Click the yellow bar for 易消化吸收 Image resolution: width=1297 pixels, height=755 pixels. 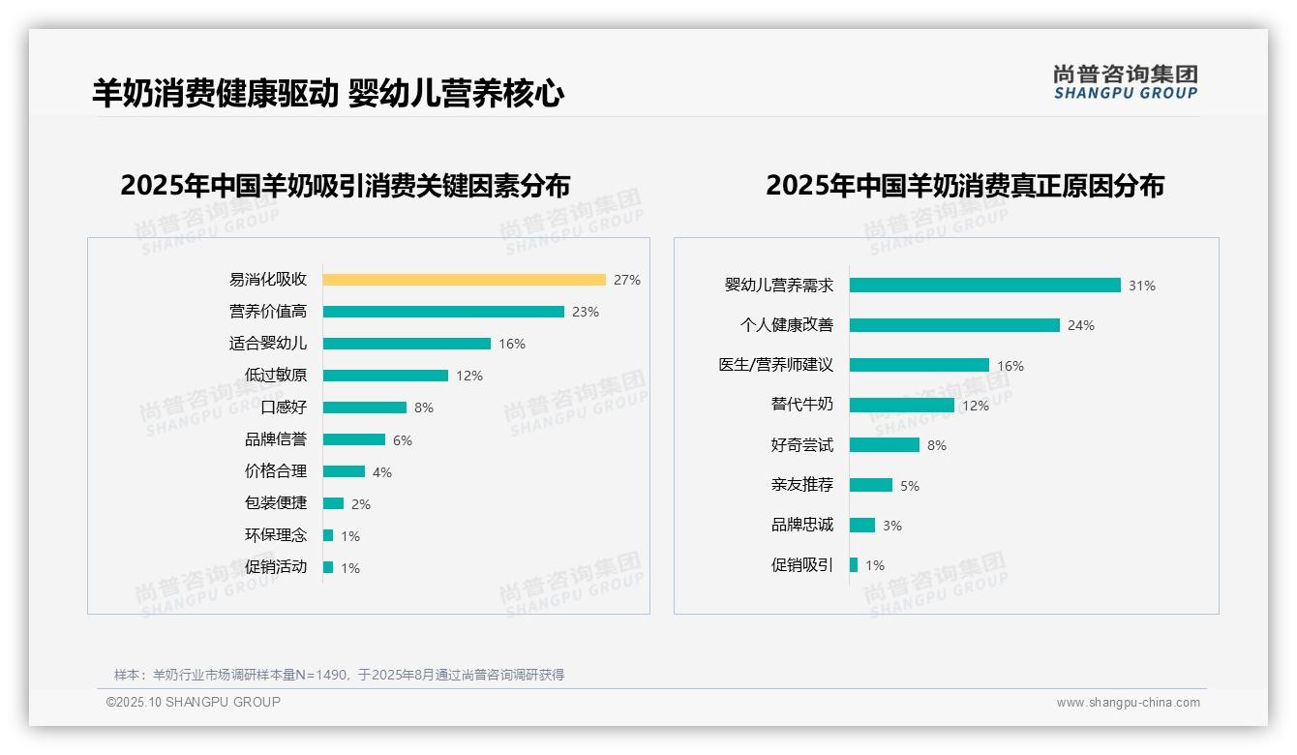464,280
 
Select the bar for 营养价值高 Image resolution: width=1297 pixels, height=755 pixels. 443,312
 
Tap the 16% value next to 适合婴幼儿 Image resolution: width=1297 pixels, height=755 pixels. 512,344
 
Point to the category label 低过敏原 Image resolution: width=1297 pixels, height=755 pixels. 276,376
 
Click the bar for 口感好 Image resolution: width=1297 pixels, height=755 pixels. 365,408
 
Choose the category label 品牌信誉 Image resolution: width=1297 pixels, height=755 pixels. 276,439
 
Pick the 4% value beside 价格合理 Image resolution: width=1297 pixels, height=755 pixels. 382,472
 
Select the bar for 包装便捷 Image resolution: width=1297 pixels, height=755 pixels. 334,503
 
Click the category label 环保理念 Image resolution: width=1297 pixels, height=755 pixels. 276,535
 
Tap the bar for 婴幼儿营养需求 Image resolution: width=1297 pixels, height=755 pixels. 985,286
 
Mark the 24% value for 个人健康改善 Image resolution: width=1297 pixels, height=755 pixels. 1081,325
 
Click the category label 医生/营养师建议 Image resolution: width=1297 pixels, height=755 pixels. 775,365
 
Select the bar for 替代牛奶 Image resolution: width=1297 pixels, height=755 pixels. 902,406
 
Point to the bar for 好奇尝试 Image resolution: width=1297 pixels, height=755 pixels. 885,445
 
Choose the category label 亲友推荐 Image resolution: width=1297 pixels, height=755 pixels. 802,485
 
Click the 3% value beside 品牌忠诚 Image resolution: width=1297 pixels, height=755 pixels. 892,526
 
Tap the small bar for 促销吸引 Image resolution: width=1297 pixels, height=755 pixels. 854,565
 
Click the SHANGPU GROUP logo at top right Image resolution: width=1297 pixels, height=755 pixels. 1126,82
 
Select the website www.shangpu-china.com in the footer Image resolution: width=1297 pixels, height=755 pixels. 1128,703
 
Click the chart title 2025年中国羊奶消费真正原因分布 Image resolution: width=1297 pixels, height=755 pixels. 965,185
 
